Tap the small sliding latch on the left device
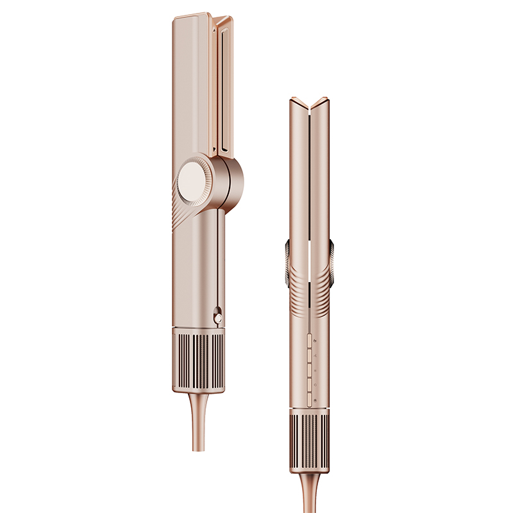point(218,316)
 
